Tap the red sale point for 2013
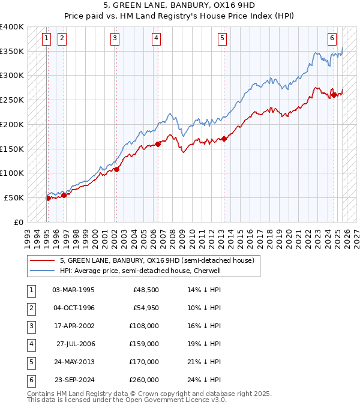coord(224,139)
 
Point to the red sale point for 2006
coord(158,144)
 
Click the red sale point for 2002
coord(116,169)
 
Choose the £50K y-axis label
coord(14,197)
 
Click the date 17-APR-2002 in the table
coord(73,326)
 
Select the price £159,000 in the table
coord(145,344)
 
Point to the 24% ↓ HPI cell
coord(204,380)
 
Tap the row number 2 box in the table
coord(29,308)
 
